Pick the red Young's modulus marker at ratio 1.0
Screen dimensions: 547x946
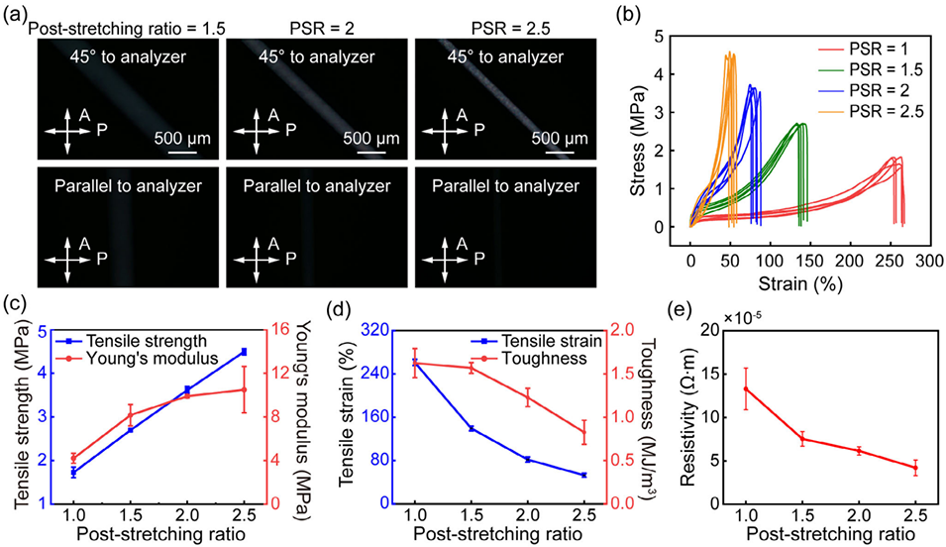pyautogui.click(x=73, y=458)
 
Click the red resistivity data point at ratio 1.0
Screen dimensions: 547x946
pyautogui.click(x=744, y=388)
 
